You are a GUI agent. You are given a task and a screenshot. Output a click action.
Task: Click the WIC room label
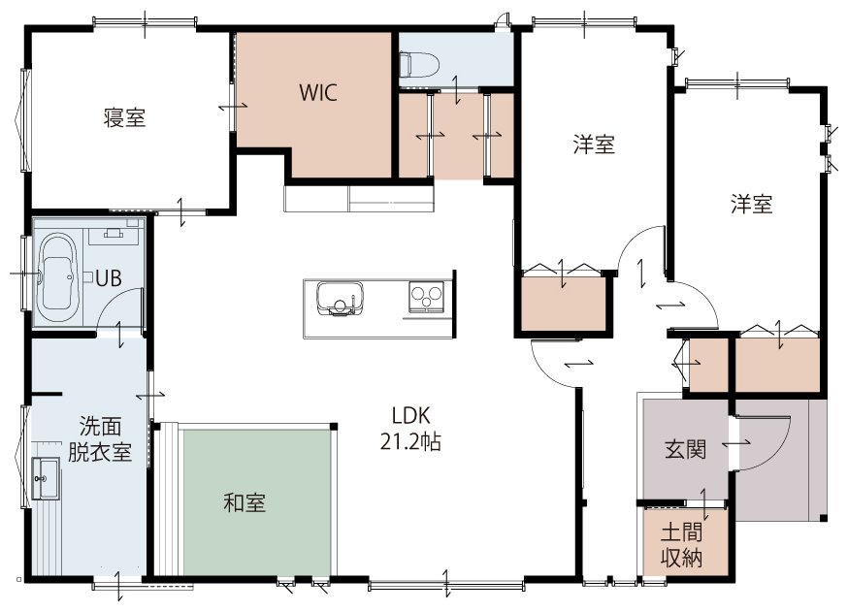[x=318, y=92]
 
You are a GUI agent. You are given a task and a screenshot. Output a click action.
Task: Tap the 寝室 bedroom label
[x=124, y=117]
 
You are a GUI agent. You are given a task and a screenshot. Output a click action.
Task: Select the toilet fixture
[x=418, y=64]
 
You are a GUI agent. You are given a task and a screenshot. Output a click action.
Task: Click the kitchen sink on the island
[x=340, y=298]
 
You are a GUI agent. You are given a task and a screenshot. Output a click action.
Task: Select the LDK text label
[x=411, y=415]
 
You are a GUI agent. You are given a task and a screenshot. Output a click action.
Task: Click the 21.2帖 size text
[x=410, y=441]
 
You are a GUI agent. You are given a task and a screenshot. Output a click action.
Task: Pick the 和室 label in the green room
[x=245, y=502]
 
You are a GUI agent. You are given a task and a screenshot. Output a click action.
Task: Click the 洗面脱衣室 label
[x=100, y=438]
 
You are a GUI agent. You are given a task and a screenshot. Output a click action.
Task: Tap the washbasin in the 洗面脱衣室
[x=46, y=478]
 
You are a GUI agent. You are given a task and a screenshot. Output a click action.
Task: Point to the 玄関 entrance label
[x=685, y=449]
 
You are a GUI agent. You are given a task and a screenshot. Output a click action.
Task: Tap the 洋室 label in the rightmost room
[x=752, y=204]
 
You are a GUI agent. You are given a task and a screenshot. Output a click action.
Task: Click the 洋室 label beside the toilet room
[x=594, y=145]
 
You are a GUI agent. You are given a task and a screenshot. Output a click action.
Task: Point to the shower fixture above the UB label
[x=114, y=233]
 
